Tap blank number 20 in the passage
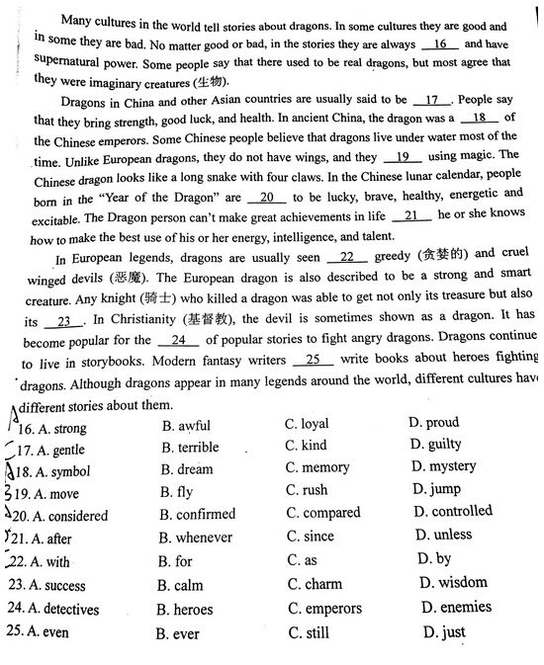click(265, 198)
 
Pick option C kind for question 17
click(306, 446)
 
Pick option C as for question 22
click(301, 560)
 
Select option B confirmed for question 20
click(198, 515)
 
